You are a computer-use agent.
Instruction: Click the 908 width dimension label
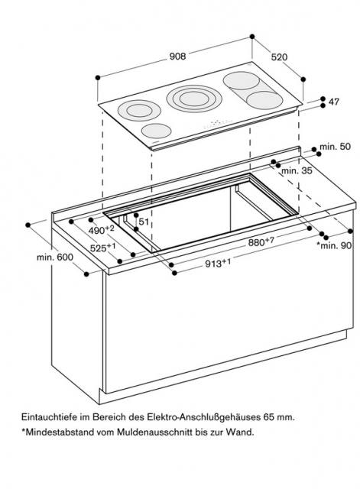tap(177, 56)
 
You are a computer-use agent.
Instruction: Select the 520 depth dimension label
tap(279, 57)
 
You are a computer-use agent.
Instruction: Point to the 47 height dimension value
tap(334, 102)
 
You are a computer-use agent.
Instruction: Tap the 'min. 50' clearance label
tap(335, 147)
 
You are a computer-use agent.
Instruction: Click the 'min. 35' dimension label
tap(297, 170)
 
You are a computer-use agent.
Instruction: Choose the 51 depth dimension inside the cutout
tap(144, 222)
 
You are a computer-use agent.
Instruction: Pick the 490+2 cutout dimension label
tap(102, 230)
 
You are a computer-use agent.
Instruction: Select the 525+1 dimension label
tap(103, 248)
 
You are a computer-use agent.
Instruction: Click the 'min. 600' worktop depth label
tap(55, 257)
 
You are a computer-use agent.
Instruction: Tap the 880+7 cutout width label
tap(261, 241)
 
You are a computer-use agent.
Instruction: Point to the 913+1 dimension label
tap(218, 264)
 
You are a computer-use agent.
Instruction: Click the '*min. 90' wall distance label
tap(334, 245)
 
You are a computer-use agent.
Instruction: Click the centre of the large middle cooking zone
tap(194, 98)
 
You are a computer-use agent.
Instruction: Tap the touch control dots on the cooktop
tap(219, 124)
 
